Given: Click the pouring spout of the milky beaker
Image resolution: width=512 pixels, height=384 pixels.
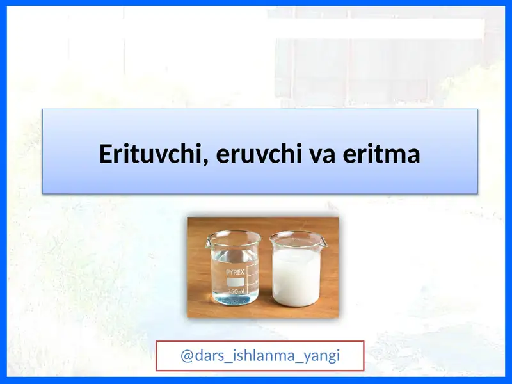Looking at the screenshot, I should [x=323, y=241].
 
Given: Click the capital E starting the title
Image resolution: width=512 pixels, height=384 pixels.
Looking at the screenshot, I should [x=106, y=154].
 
